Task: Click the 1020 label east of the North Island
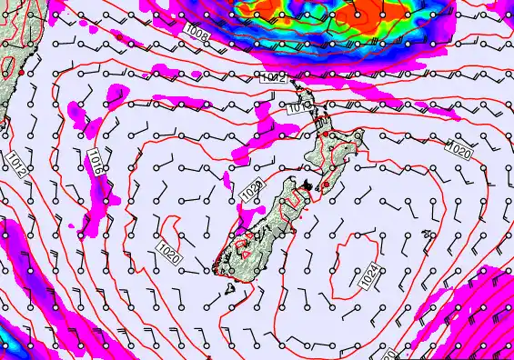point(459,147)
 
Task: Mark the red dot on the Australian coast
point(21,71)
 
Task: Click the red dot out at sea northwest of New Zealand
point(118,35)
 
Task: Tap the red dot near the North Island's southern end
point(325,185)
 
